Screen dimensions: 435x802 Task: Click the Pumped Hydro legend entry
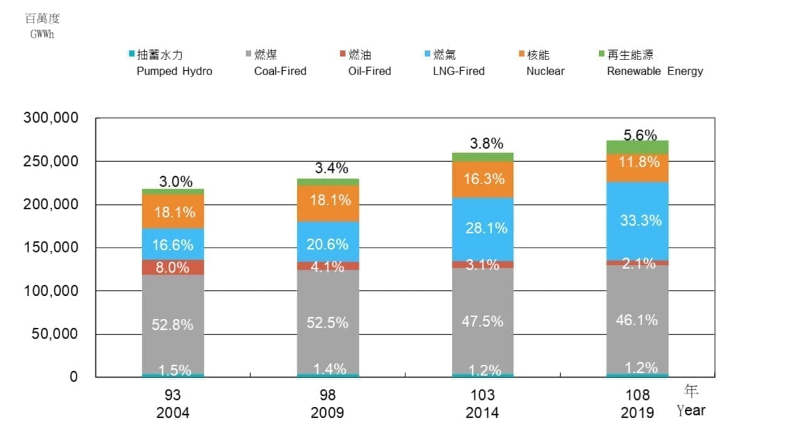point(174,71)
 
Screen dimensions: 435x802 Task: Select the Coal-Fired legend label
point(280,71)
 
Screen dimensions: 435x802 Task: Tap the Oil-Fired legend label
point(369,71)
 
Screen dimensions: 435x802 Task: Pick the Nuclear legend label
point(545,71)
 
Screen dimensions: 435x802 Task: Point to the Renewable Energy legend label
point(655,71)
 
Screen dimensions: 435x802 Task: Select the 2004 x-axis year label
point(172,412)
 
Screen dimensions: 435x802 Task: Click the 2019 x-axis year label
point(637,412)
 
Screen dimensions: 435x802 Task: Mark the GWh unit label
point(42,34)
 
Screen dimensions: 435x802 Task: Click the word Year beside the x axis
point(690,411)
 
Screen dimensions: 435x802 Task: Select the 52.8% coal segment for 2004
point(173,325)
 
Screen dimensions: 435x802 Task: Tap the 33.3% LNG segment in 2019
point(637,221)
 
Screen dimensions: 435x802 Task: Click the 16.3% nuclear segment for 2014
point(482,179)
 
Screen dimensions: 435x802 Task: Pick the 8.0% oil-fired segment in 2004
point(173,268)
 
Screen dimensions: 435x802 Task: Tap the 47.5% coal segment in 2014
point(482,322)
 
